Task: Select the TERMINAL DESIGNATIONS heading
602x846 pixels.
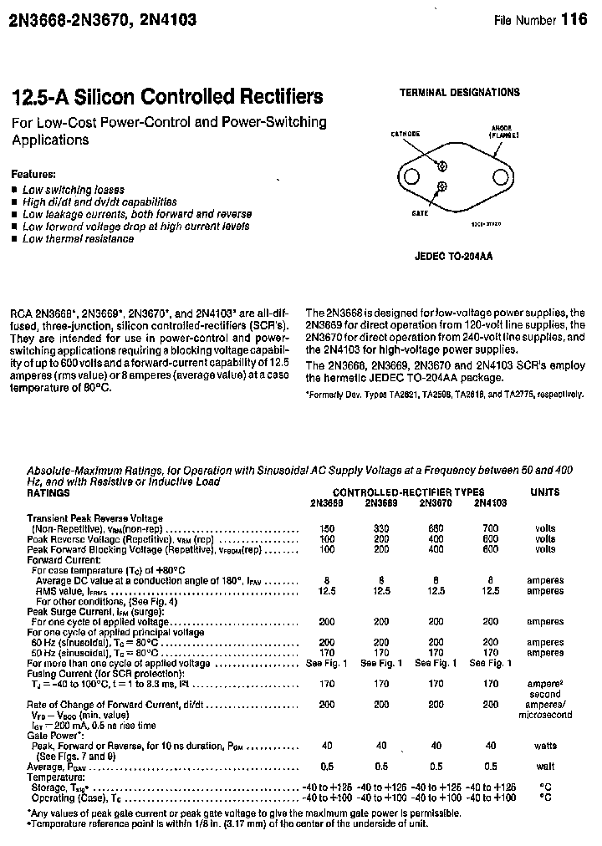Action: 459,93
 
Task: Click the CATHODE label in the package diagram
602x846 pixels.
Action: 406,134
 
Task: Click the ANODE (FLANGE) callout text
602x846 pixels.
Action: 504,131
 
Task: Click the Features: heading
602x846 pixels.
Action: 33,175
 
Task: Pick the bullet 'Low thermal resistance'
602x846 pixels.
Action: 78,239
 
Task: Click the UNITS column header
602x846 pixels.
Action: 544,492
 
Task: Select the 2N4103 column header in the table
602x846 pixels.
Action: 490,503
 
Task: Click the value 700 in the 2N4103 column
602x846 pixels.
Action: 490,528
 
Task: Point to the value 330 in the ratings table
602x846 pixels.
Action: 380,528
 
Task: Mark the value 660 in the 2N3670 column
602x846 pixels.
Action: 436,528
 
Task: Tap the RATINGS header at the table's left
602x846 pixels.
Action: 48,493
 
